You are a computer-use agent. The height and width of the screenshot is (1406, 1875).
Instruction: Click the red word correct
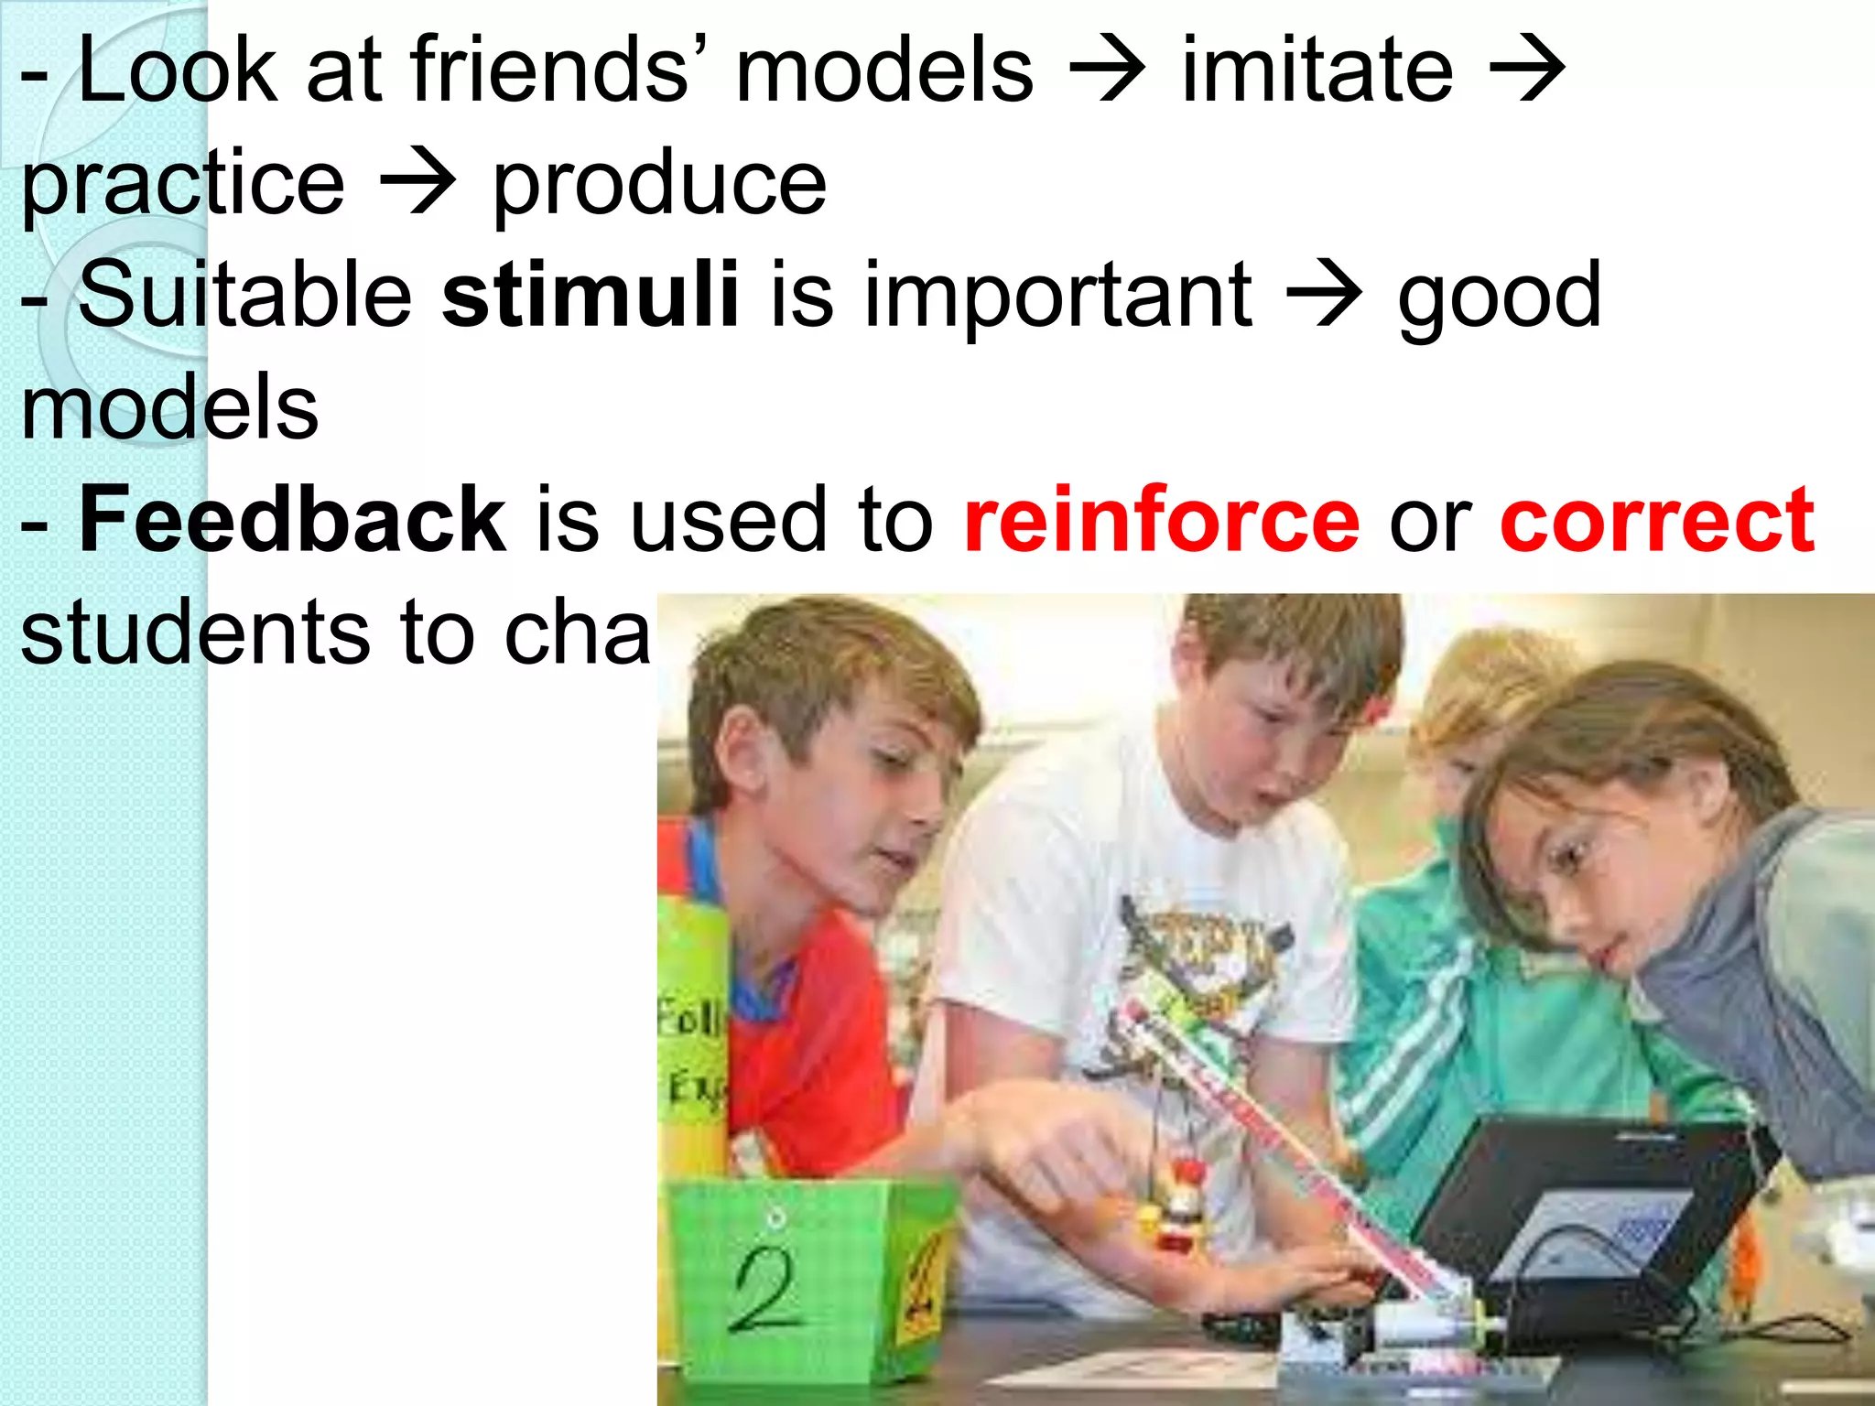point(1657,521)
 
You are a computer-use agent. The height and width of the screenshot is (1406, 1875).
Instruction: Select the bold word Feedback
point(292,521)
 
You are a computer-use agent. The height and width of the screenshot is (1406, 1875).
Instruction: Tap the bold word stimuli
point(591,295)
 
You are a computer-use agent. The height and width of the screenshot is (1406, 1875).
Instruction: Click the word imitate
point(1317,70)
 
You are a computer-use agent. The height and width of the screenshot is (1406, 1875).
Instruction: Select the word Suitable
point(245,295)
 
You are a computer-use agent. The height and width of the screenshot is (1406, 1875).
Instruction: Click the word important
point(1057,295)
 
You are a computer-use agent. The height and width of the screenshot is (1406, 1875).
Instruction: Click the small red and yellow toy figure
point(1176,1208)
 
